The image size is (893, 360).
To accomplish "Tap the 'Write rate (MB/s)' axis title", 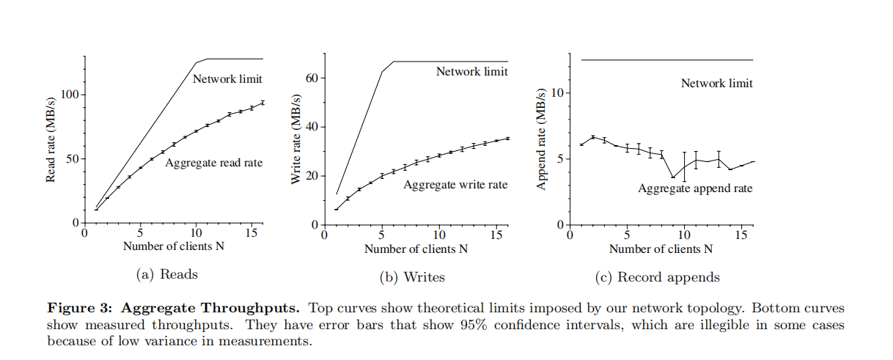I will tap(297, 139).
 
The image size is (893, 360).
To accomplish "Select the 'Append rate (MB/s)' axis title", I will tap(542, 139).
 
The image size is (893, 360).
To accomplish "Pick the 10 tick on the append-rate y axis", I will tap(556, 94).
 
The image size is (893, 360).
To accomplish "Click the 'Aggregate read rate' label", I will tap(214, 163).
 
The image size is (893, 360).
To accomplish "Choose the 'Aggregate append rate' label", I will tap(695, 188).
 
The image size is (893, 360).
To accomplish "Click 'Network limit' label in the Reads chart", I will tap(227, 79).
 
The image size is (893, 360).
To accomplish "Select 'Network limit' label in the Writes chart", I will tap(471, 72).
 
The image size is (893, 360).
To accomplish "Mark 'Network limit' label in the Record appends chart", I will tap(716, 84).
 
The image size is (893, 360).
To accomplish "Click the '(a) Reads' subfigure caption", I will tap(167, 274).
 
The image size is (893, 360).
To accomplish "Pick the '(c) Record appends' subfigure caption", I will tap(658, 277).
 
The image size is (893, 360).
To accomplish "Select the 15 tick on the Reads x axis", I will tap(251, 234).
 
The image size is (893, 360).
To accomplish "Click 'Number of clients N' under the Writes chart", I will tap(416, 249).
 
